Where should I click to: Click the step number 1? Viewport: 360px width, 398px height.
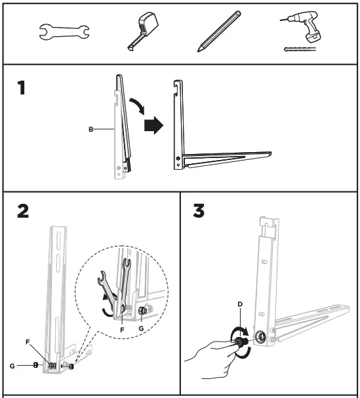[x=23, y=87]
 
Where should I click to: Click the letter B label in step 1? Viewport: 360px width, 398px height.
[x=90, y=130]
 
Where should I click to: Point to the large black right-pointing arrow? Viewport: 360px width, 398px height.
[x=152, y=125]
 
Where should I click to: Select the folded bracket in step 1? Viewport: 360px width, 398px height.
[x=119, y=128]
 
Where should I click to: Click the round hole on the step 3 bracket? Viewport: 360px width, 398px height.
[x=260, y=336]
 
